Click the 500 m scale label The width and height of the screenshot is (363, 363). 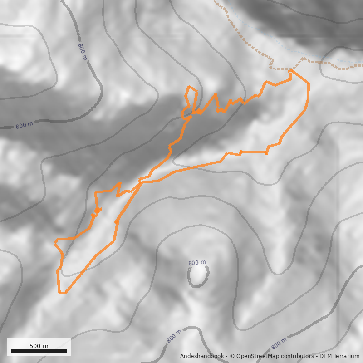click(39, 346)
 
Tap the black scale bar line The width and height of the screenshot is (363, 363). click(39, 351)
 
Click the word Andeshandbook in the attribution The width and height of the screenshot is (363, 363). click(201, 357)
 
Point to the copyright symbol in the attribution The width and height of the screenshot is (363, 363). click(232, 357)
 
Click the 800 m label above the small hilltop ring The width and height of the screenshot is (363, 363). click(197, 263)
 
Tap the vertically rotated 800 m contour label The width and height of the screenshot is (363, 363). click(82, 52)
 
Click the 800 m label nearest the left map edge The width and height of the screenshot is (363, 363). click(24, 125)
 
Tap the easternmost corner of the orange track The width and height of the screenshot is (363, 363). click(309, 83)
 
